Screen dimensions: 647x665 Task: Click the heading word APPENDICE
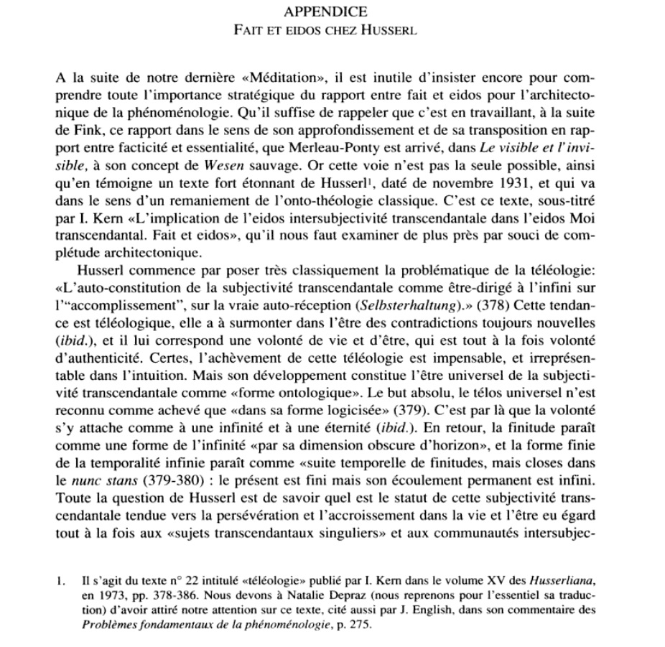pyautogui.click(x=325, y=11)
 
